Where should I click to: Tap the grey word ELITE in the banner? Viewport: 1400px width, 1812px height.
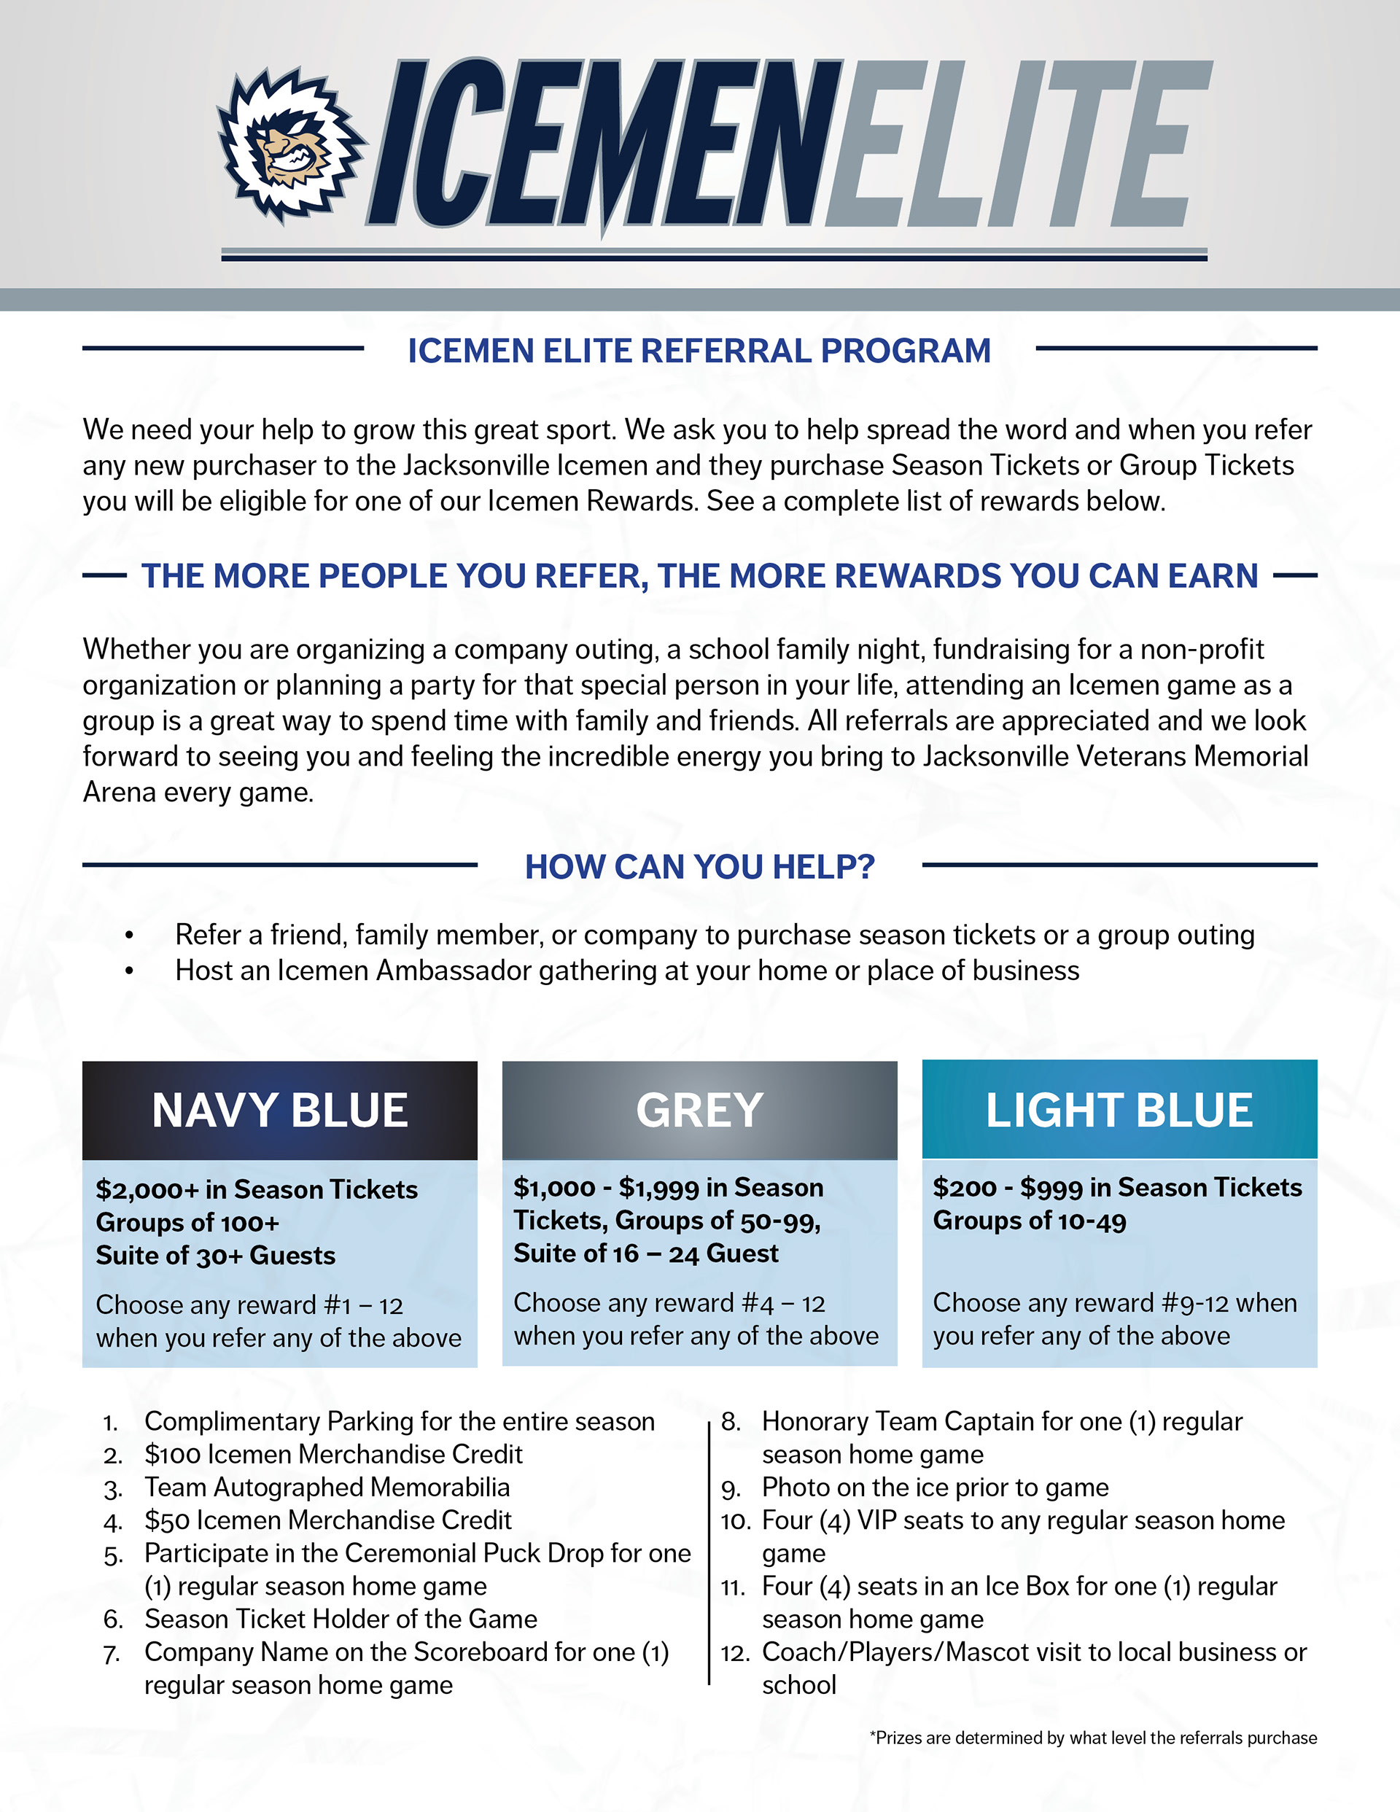coord(1016,145)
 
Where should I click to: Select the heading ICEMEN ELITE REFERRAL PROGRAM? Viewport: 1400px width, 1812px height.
coord(699,351)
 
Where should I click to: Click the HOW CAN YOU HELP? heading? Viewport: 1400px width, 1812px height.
coord(699,867)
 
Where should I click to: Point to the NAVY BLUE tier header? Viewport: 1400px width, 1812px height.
coord(280,1110)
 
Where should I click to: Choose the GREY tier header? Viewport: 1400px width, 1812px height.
coord(699,1110)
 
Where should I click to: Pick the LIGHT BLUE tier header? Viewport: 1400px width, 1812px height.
coord(1119,1110)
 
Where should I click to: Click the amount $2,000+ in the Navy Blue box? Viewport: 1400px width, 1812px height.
coord(147,1190)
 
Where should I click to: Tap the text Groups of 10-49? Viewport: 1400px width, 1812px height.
coord(1029,1221)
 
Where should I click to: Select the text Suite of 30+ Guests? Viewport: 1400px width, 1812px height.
coord(216,1256)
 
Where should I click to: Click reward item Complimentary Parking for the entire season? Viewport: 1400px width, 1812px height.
coord(399,1421)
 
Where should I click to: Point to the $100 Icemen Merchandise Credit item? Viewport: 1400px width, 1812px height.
coord(332,1455)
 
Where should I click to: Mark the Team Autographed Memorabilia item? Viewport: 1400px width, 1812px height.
coord(327,1487)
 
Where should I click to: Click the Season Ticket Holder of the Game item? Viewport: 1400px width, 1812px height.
coord(341,1619)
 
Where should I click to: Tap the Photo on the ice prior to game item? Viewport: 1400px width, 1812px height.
coord(935,1487)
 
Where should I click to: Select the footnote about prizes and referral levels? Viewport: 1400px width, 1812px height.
coord(1093,1738)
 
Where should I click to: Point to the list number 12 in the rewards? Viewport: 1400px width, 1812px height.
coord(734,1653)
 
